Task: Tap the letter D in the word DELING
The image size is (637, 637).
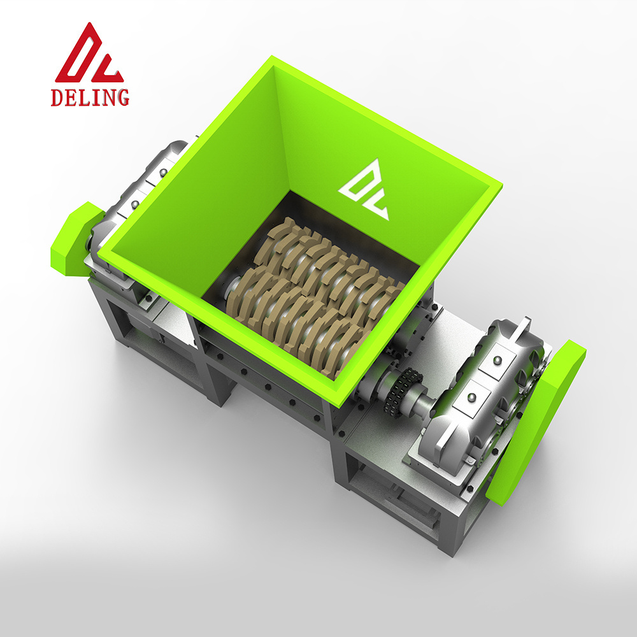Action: pos(57,97)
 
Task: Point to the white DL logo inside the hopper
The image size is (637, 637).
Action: pos(364,190)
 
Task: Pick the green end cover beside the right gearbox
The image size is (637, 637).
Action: pos(536,422)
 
